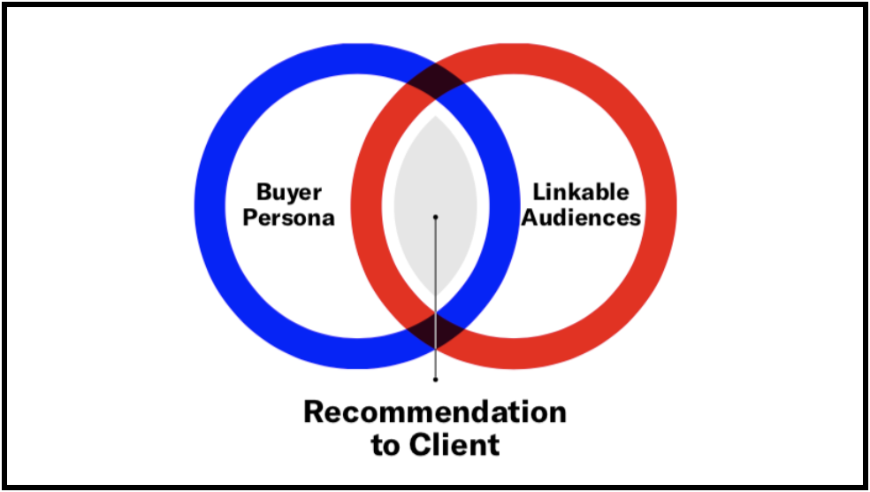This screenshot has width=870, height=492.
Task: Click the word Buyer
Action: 289,192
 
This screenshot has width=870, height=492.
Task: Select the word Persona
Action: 289,217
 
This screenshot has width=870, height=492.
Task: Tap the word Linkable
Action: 581,192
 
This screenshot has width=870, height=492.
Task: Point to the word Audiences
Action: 581,217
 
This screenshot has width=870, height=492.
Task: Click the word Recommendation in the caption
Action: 435,412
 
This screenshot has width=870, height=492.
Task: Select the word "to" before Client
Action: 385,445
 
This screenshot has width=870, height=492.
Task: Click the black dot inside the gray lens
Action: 435,216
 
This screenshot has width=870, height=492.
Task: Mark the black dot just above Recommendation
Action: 435,379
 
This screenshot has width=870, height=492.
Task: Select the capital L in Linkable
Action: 538,192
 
